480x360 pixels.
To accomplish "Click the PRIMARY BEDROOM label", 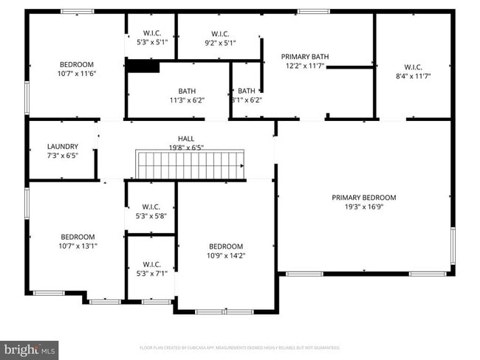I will (x=363, y=198).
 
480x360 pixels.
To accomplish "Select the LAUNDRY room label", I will (x=62, y=147).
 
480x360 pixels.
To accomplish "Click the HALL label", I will (x=186, y=139).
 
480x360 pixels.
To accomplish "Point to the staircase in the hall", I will (x=190, y=164).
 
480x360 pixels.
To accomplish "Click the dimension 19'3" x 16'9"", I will (x=363, y=207).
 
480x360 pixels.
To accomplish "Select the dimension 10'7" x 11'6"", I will (x=78, y=74).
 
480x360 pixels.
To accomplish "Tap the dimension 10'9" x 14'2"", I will (x=225, y=256).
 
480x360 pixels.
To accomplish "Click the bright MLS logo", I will (x=30, y=348).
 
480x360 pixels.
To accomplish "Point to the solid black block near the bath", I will (x=143, y=66).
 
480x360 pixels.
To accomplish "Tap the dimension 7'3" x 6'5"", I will (x=62, y=156).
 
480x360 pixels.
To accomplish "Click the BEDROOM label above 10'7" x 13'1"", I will (x=78, y=237).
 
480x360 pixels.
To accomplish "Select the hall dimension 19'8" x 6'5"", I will (x=186, y=148).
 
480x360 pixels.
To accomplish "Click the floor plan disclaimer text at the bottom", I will (x=239, y=347).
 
